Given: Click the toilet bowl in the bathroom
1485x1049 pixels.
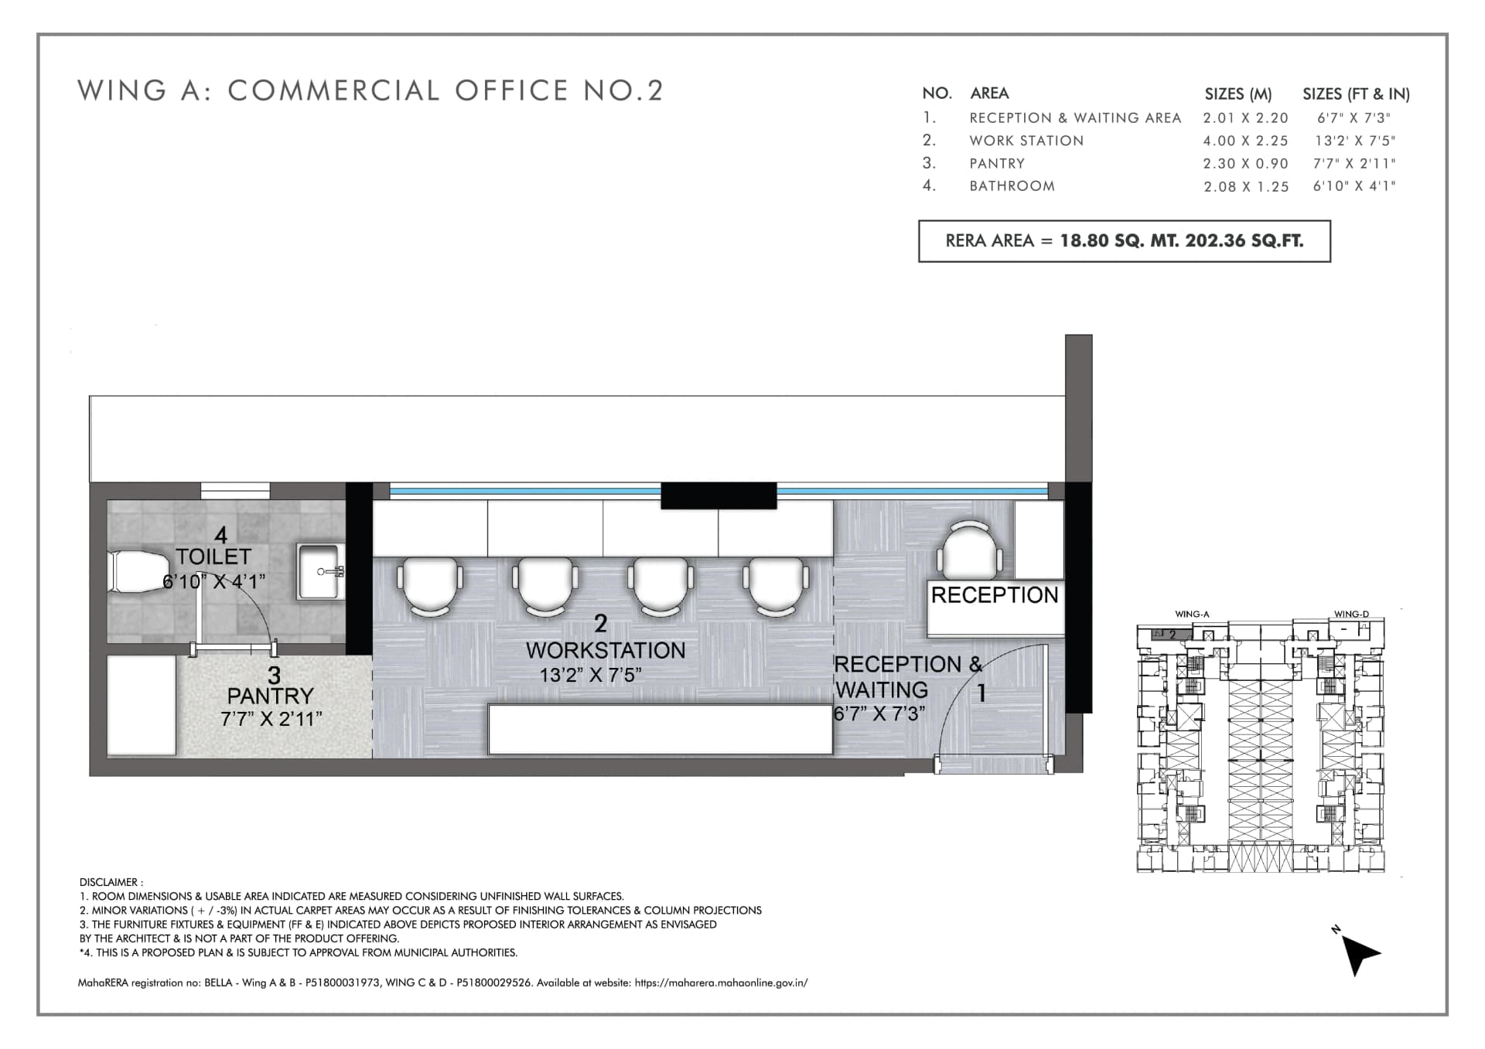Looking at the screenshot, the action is pyautogui.click(x=139, y=572).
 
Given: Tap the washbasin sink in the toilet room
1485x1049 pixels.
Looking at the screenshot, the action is pyautogui.click(x=319, y=571).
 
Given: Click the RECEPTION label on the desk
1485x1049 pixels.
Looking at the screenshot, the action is pyautogui.click(x=994, y=595).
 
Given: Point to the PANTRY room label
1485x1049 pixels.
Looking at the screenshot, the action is pyautogui.click(x=270, y=696).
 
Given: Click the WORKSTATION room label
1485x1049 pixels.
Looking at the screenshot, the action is pyautogui.click(x=606, y=650).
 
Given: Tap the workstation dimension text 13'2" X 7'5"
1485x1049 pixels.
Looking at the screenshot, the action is pyautogui.click(x=590, y=675).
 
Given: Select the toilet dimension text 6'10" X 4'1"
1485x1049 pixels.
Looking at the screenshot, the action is pyautogui.click(x=213, y=581).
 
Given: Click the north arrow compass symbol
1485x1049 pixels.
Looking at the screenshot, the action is pyautogui.click(x=1357, y=953).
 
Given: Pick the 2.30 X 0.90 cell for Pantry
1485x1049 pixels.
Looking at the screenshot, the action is pyautogui.click(x=1245, y=164).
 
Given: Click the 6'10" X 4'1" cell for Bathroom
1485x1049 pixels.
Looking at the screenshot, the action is pyautogui.click(x=1354, y=186).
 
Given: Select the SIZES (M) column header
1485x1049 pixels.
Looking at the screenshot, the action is pyautogui.click(x=1237, y=94).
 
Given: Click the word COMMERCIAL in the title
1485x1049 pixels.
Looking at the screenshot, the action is pyautogui.click(x=333, y=90).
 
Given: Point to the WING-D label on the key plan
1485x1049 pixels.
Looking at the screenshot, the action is pyautogui.click(x=1351, y=615).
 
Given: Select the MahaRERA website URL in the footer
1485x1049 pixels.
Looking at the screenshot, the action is pyautogui.click(x=721, y=983).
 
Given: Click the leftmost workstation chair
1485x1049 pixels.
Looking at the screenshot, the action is pyautogui.click(x=430, y=586).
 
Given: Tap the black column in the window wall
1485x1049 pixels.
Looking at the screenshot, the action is pyautogui.click(x=719, y=496).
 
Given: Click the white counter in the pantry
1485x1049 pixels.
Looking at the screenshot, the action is pyautogui.click(x=142, y=705).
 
